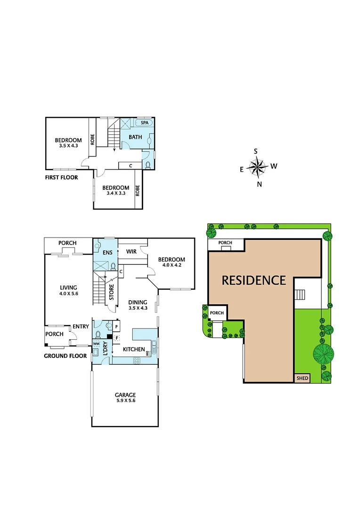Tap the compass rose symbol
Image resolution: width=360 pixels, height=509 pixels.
click(257, 166)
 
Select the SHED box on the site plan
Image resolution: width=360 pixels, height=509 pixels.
click(302, 378)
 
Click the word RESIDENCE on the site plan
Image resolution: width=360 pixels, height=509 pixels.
click(254, 280)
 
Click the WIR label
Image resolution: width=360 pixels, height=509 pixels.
click(131, 252)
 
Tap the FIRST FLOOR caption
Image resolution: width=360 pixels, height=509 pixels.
click(61, 178)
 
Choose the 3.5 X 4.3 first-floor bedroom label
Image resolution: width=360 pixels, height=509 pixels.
click(68, 143)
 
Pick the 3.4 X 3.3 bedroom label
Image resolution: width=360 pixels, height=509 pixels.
click(115, 191)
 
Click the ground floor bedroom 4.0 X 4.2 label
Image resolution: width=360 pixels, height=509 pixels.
click(172, 263)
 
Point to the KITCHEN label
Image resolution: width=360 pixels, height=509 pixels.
click(134, 350)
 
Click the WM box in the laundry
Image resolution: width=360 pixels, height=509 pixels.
click(97, 345)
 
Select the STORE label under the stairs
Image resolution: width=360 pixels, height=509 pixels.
click(112, 293)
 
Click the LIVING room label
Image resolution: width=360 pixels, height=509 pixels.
click(68, 291)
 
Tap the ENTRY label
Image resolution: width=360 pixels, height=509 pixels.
click(81, 327)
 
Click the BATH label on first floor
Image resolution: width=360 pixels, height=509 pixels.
click(136, 137)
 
